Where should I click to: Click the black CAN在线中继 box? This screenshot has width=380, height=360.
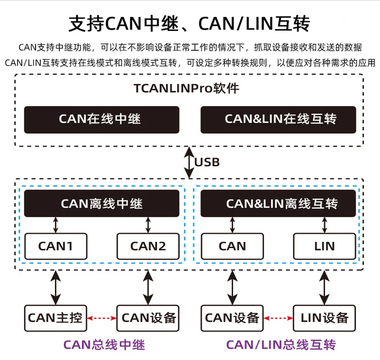tap(101, 119)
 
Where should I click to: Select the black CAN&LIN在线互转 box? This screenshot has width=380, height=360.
tap(280, 119)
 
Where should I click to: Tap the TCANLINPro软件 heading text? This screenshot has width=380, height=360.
tap(186, 89)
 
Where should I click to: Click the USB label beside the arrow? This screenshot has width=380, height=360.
tap(208, 162)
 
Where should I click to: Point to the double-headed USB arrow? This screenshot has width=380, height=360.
tap(189, 162)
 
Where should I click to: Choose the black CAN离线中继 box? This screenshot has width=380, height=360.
tap(101, 204)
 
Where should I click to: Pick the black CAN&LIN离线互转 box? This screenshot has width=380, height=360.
tap(282, 204)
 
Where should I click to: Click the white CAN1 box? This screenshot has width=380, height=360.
tap(56, 246)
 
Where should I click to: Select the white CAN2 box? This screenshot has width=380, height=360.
tap(148, 246)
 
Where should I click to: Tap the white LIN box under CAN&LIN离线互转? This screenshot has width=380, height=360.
tap(324, 246)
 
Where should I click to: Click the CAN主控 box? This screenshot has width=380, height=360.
tap(56, 318)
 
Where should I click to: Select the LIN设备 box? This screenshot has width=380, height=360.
tap(324, 318)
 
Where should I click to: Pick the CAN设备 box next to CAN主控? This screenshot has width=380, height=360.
tap(148, 318)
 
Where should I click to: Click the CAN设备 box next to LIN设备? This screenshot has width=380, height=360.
tap(232, 318)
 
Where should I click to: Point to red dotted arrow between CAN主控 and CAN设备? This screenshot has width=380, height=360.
tap(102, 318)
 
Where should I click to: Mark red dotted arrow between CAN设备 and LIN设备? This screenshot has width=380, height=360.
tap(278, 318)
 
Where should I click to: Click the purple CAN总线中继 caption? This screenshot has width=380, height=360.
tap(104, 345)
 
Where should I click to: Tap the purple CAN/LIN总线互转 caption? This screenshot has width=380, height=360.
tap(281, 345)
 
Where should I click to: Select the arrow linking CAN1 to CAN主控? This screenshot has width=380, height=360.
tap(56, 287)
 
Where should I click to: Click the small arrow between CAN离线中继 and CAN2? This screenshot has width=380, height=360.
tap(148, 225)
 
